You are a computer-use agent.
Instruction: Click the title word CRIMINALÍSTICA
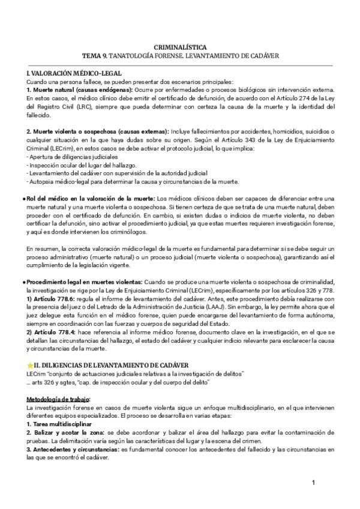(x=180, y=46)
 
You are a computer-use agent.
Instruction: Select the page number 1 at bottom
(x=314, y=483)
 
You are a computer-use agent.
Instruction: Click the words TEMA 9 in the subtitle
(x=96, y=55)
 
